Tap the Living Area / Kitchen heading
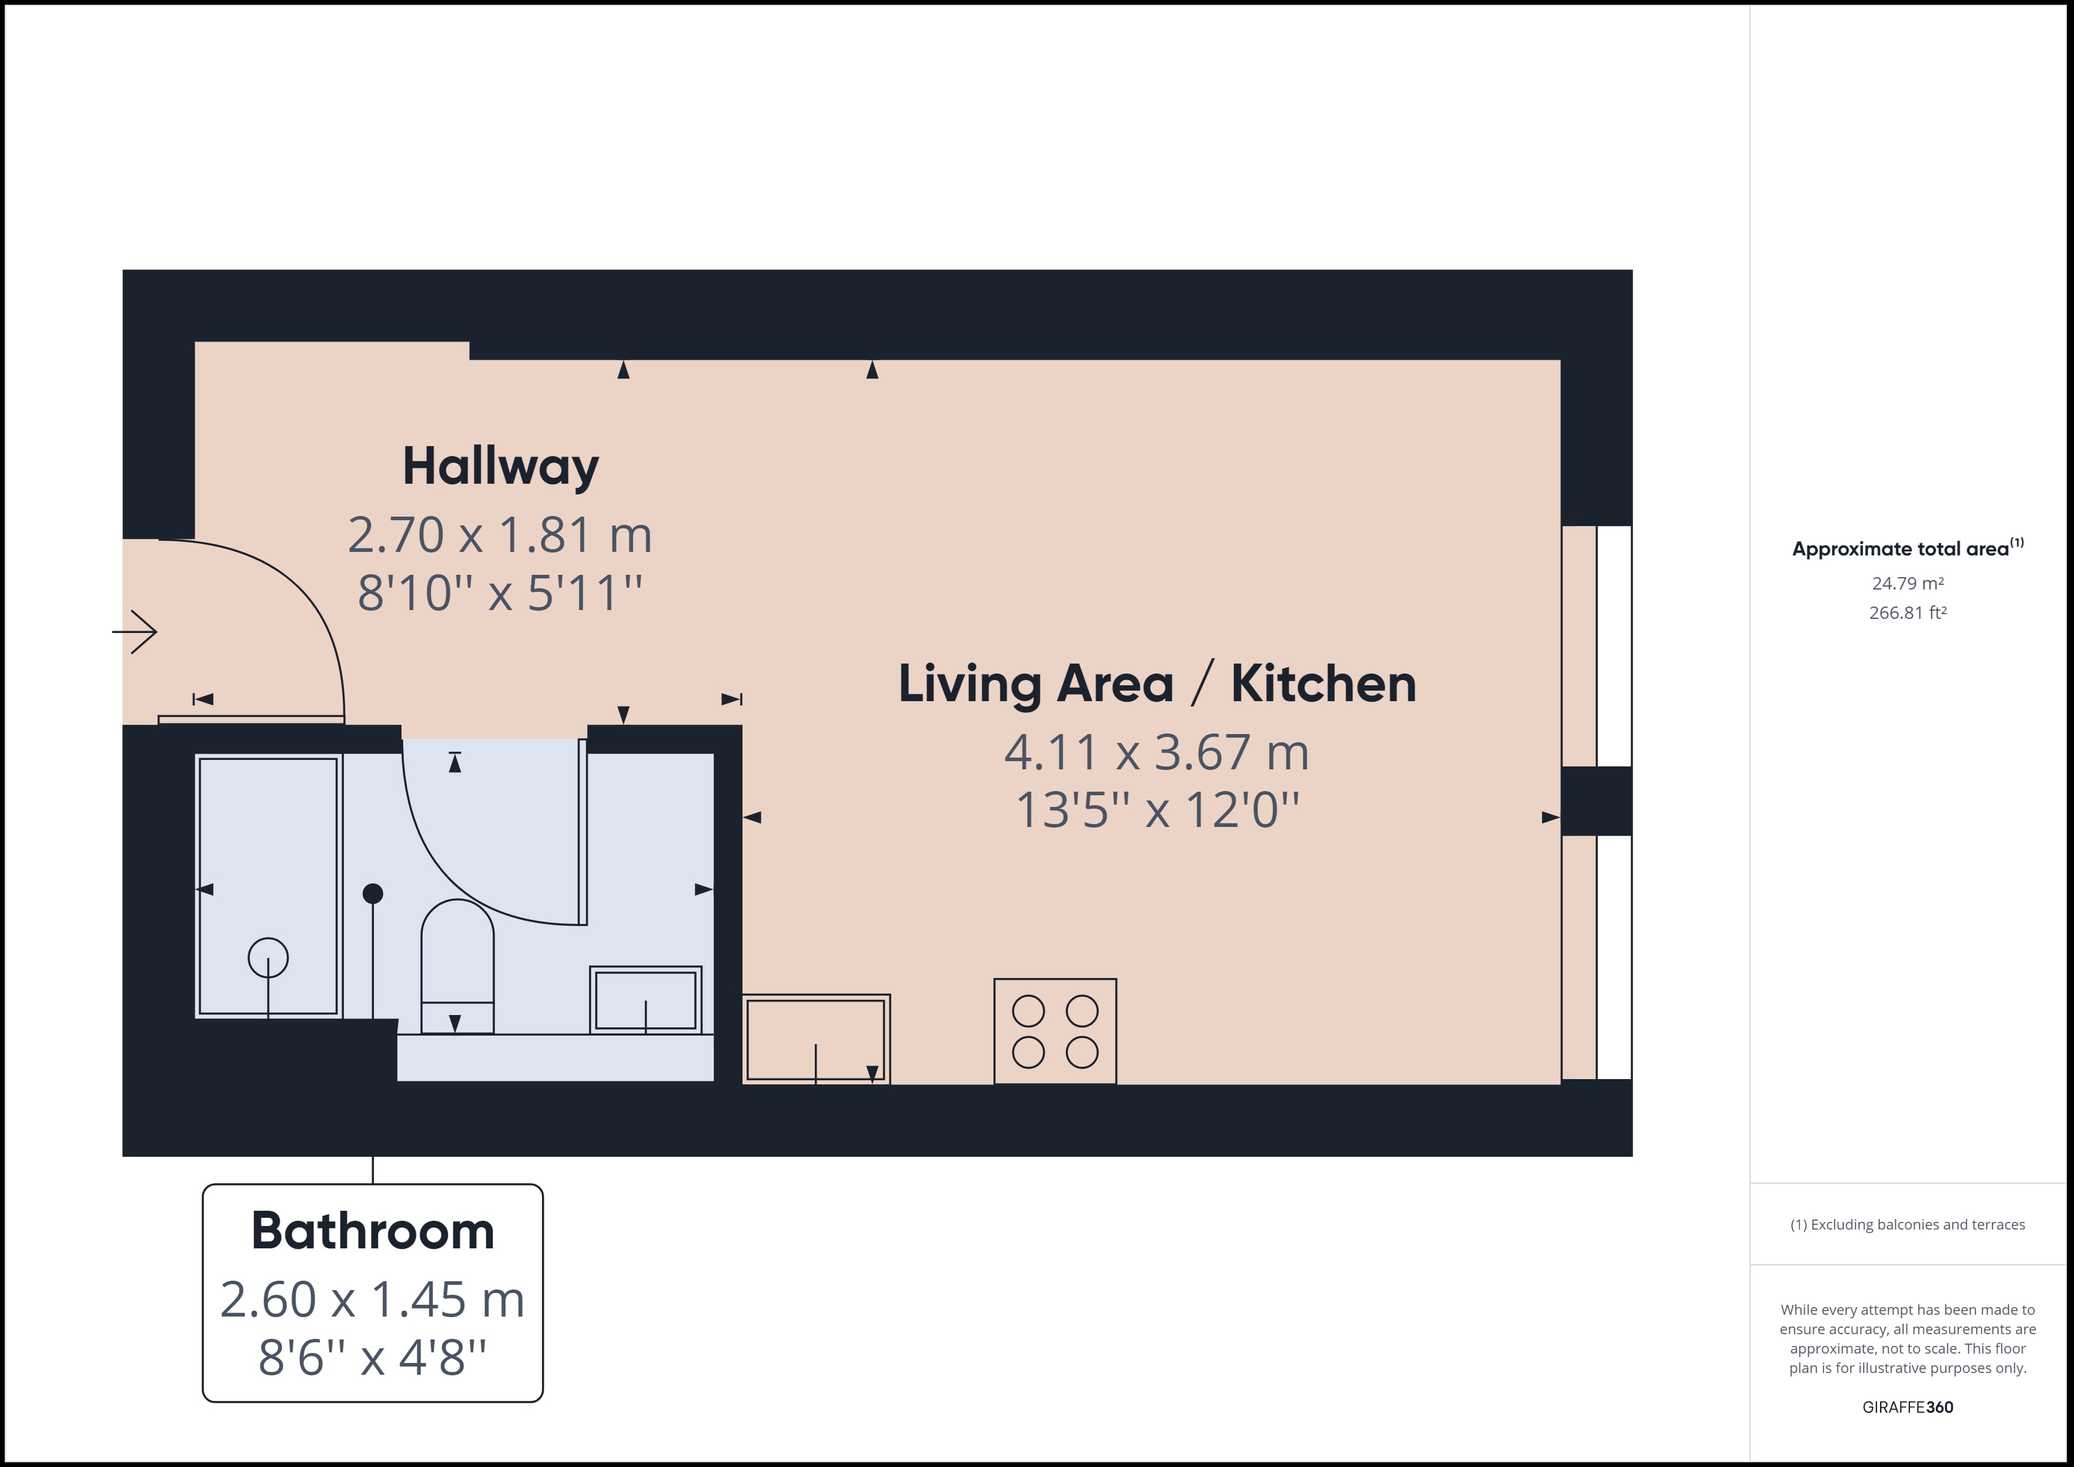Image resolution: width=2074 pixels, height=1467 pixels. point(1157,684)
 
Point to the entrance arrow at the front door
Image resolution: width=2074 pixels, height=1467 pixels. point(135,631)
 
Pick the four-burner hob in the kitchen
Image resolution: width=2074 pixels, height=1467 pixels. point(1055,1031)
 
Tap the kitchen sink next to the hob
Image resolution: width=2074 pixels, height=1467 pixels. point(816,1039)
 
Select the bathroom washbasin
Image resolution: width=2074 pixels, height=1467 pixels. point(646,1000)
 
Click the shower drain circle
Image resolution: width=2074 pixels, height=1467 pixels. point(268,957)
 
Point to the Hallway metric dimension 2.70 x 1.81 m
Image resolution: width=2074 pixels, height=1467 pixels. point(500,535)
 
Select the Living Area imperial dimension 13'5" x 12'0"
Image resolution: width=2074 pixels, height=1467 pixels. point(1157,809)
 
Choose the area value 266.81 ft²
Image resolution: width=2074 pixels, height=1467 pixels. point(1908,612)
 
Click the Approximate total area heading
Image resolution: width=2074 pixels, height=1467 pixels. point(1908,548)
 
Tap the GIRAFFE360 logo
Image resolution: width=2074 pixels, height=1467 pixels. point(1908,1406)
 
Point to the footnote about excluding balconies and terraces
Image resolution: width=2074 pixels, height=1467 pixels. point(1908,1225)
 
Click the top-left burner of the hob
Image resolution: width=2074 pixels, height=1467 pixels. point(1028,1012)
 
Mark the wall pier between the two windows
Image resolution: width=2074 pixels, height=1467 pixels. point(1596,801)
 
